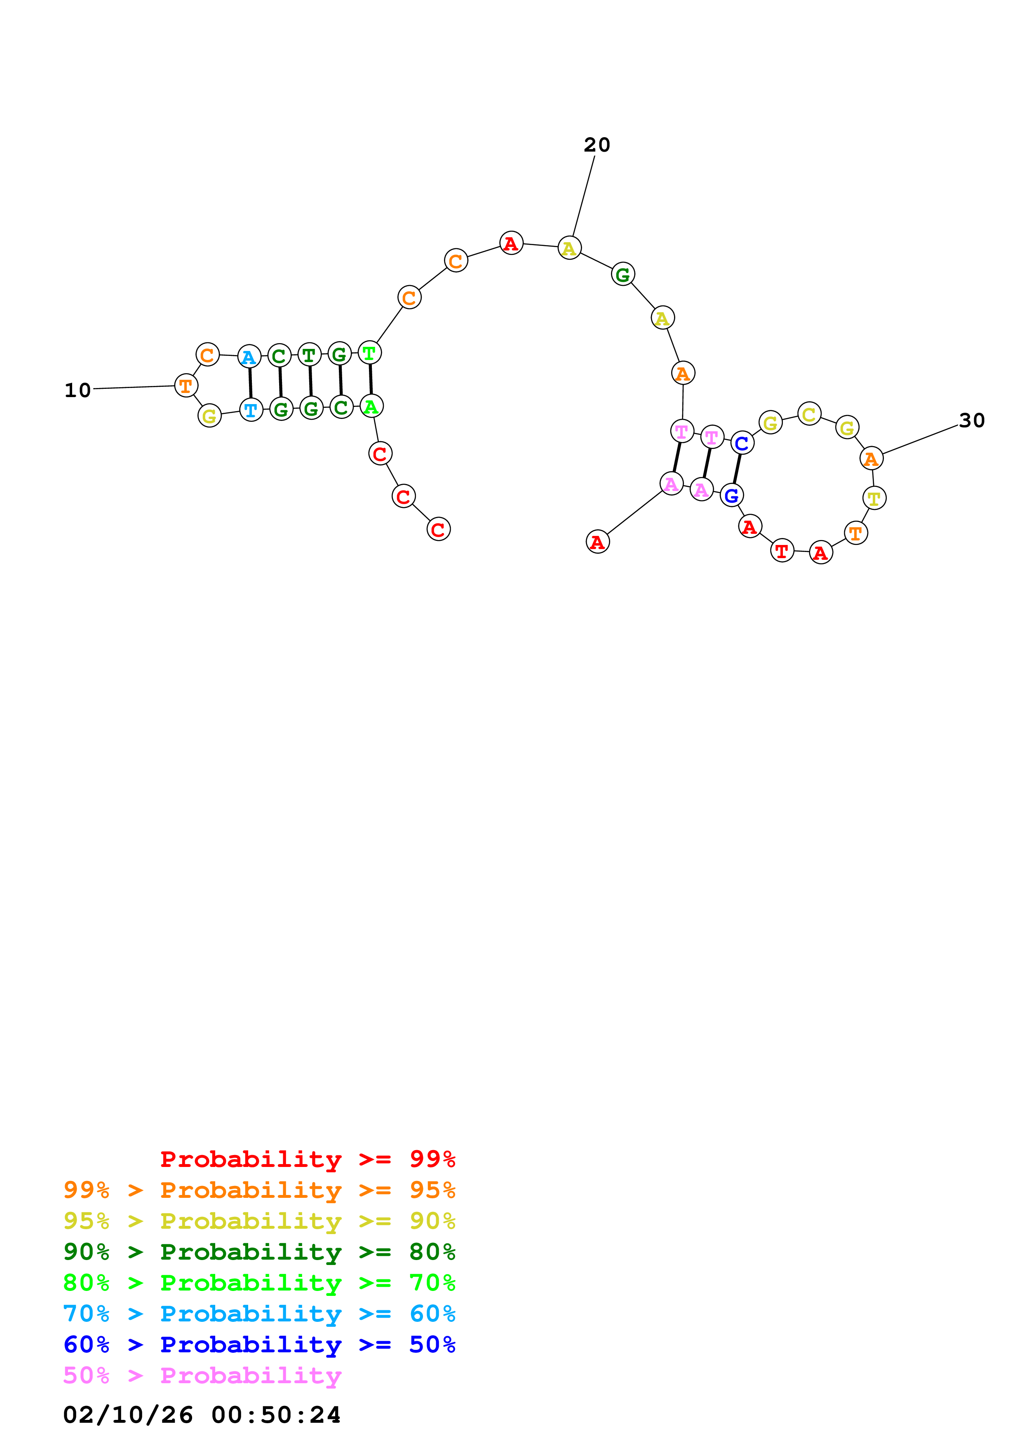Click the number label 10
(x=78, y=390)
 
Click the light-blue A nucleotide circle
(x=249, y=357)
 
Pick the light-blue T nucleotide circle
(x=251, y=410)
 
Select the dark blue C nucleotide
(x=742, y=443)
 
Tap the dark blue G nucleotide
(x=731, y=495)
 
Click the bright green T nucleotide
(x=370, y=353)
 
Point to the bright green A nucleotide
(x=371, y=407)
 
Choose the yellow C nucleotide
(x=809, y=414)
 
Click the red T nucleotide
(x=782, y=551)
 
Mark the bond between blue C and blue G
(x=737, y=469)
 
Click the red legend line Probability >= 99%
(x=307, y=1159)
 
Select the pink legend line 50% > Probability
(x=202, y=1375)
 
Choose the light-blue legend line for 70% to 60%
(x=259, y=1314)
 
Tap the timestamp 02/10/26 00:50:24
(x=202, y=1415)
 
